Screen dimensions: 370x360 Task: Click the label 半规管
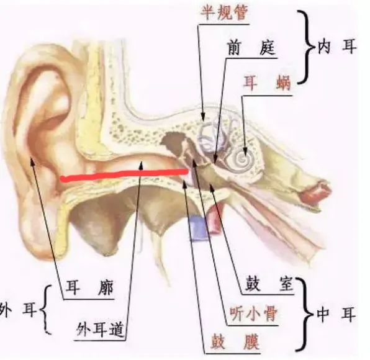tap(223, 13)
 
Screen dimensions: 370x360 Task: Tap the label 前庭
tap(251, 48)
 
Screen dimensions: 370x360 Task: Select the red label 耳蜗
tap(267, 83)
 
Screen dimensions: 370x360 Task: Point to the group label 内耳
tap(336, 47)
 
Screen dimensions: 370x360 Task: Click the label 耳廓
tap(89, 287)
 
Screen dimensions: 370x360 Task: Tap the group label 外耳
tap(19, 310)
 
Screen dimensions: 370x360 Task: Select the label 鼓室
tap(269, 284)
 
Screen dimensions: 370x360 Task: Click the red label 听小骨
tap(253, 314)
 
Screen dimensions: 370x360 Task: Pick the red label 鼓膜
tap(235, 342)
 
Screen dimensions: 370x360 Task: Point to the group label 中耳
tap(336, 314)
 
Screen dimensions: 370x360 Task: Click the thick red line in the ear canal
tap(124, 175)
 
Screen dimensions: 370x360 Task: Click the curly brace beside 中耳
tap(306, 314)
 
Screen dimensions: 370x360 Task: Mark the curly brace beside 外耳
tap(45, 310)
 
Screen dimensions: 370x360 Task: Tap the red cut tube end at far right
tap(316, 191)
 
